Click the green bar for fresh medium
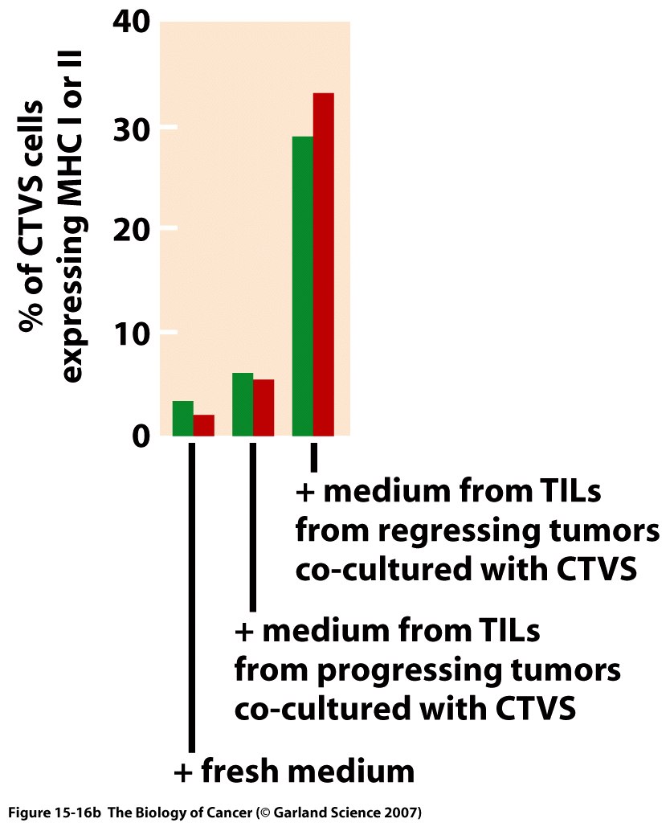pyautogui.click(x=183, y=418)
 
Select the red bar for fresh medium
pyautogui.click(x=204, y=425)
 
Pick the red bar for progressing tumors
pyautogui.click(x=264, y=407)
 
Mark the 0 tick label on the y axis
pyautogui.click(x=141, y=436)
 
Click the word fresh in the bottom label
pyautogui.click(x=239, y=772)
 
